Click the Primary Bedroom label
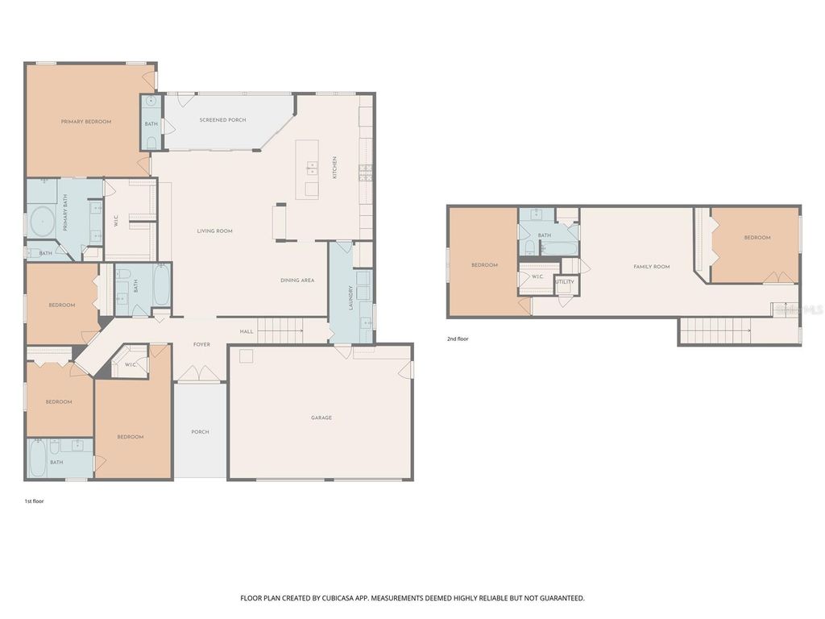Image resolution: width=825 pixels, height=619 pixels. pyautogui.click(x=86, y=122)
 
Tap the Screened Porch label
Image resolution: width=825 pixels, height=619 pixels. pyautogui.click(x=223, y=120)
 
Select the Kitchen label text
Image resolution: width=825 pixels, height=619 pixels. pyautogui.click(x=335, y=168)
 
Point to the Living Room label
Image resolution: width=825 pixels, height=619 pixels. pyautogui.click(x=215, y=231)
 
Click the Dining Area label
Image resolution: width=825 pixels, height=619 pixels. pyautogui.click(x=297, y=280)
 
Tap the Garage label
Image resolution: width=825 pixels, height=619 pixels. pyautogui.click(x=321, y=418)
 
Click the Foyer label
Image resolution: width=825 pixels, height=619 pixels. pyautogui.click(x=201, y=344)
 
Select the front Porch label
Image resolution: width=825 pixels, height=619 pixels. pyautogui.click(x=200, y=432)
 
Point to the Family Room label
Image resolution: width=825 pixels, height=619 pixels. pyautogui.click(x=652, y=267)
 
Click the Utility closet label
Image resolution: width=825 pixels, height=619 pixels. pyautogui.click(x=566, y=282)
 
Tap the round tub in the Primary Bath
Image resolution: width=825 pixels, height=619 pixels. pyautogui.click(x=41, y=221)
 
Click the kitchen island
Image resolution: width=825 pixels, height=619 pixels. pyautogui.click(x=307, y=168)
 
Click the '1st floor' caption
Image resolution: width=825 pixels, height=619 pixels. pyautogui.click(x=34, y=501)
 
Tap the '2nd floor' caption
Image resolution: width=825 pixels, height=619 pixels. pyautogui.click(x=458, y=339)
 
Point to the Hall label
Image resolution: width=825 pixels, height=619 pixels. pyautogui.click(x=247, y=331)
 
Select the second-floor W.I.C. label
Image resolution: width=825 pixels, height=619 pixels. pyautogui.click(x=537, y=276)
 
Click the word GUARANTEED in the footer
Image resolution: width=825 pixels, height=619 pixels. pyautogui.click(x=559, y=598)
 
